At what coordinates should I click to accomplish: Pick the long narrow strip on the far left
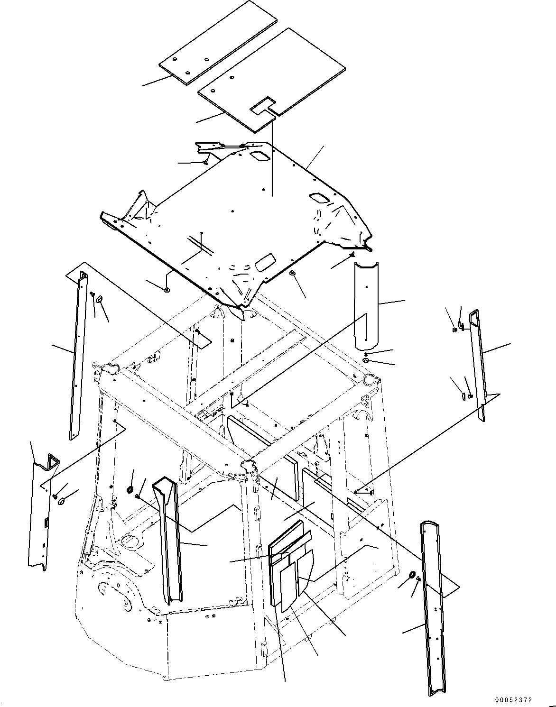pos(78,356)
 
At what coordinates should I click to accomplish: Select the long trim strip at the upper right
pos(477,365)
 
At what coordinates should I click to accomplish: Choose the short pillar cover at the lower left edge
pos(41,512)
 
